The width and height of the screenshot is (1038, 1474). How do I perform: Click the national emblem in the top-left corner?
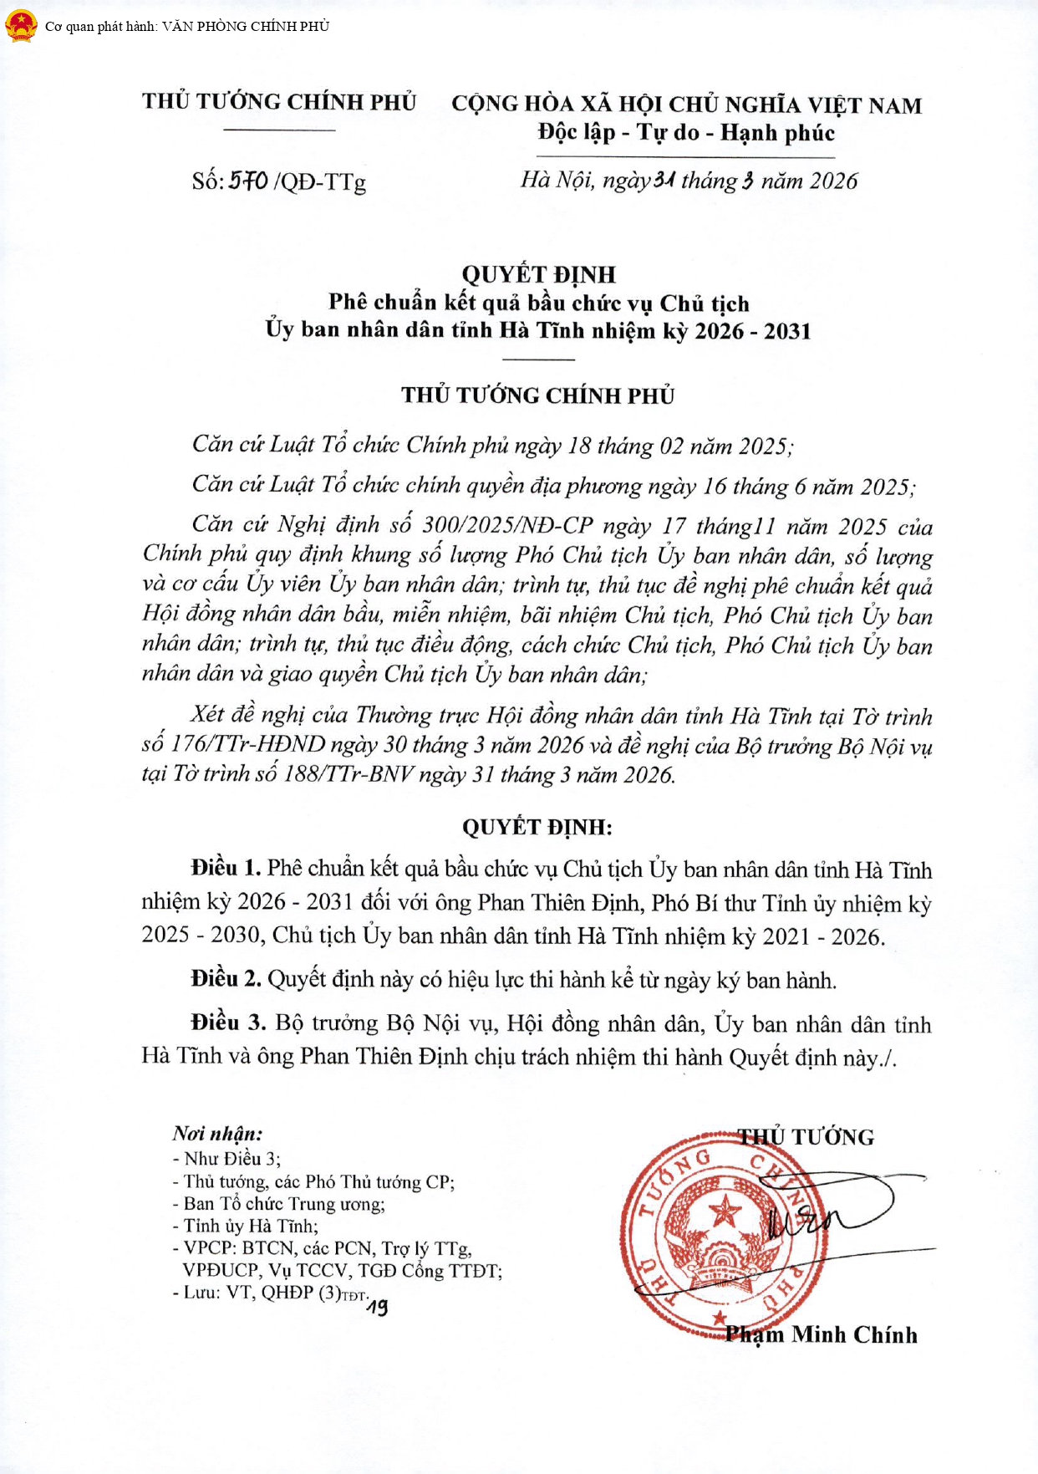coord(20,26)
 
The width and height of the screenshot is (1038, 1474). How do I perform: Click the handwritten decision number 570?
coord(249,181)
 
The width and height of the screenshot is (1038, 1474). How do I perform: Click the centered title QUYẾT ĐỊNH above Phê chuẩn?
coord(538,274)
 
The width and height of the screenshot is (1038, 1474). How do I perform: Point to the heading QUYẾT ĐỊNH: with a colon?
coord(537,827)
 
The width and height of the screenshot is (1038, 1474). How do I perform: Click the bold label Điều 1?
coord(226,868)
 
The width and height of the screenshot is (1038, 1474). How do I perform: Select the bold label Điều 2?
coord(226,979)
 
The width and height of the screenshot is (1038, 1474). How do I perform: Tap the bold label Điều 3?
coord(227,1023)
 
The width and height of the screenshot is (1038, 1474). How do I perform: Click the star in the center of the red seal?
coord(725,1210)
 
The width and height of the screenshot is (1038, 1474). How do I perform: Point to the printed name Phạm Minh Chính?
coord(821,1335)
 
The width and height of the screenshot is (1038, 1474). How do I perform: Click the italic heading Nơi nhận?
coord(217,1134)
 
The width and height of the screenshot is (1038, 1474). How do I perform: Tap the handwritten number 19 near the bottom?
coord(377,1306)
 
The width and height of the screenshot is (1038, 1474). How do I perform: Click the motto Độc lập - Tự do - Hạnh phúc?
coord(686,133)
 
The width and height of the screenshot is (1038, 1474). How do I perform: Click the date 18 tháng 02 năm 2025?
coord(678,446)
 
